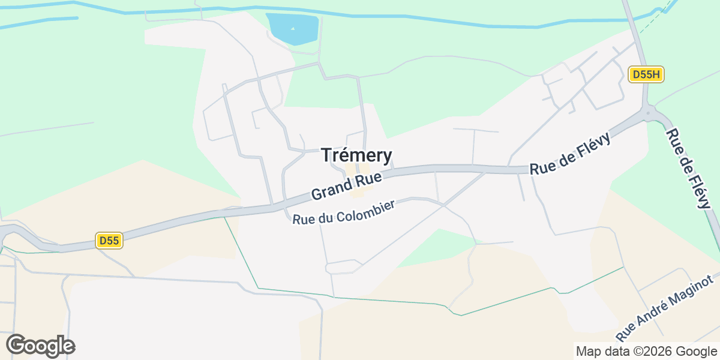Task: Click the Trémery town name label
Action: [357, 155]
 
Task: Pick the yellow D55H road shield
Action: [646, 75]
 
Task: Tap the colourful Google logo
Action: [40, 346]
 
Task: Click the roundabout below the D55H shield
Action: [647, 112]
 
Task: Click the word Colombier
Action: [365, 209]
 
